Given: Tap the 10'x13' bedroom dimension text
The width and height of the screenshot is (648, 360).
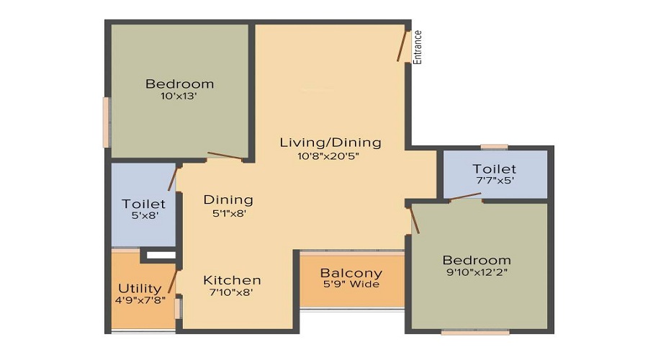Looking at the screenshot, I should pyautogui.click(x=179, y=96).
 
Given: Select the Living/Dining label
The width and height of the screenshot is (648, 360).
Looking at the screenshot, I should pyautogui.click(x=330, y=143).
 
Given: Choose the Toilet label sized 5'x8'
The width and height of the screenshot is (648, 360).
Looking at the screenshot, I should pyautogui.click(x=143, y=204).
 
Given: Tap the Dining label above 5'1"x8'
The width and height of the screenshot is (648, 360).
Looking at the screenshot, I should pyautogui.click(x=228, y=199).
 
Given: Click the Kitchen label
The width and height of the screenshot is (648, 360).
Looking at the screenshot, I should pyautogui.click(x=232, y=280).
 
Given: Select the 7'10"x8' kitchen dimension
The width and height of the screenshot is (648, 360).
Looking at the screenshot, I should pyautogui.click(x=232, y=293).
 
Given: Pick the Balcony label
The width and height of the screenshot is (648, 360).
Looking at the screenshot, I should pyautogui.click(x=351, y=274).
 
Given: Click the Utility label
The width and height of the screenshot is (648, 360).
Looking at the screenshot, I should pyautogui.click(x=140, y=289).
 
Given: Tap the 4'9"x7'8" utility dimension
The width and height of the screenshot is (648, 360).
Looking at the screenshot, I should pyautogui.click(x=143, y=301).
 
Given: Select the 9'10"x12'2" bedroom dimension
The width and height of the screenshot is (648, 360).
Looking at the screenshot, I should pyautogui.click(x=477, y=273).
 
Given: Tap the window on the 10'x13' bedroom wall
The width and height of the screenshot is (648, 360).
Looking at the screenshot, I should pyautogui.click(x=107, y=122).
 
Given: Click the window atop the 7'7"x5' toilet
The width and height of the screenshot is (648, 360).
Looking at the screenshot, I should pyautogui.click(x=494, y=148).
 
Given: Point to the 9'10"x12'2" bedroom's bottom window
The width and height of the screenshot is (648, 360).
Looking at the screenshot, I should pyautogui.click(x=475, y=332).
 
